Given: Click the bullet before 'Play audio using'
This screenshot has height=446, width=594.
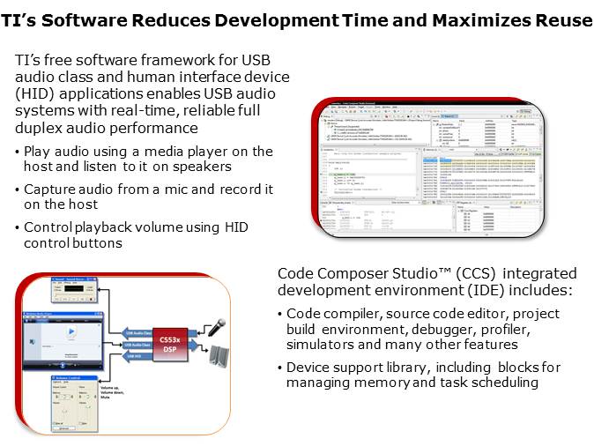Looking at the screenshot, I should (18, 152).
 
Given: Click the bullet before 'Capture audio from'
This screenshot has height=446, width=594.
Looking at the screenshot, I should (18, 190).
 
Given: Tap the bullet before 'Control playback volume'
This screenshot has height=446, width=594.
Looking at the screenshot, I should (18, 228).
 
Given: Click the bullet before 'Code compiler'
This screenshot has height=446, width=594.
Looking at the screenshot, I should (280, 315).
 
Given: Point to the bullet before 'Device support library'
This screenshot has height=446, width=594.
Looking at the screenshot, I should (280, 368).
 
